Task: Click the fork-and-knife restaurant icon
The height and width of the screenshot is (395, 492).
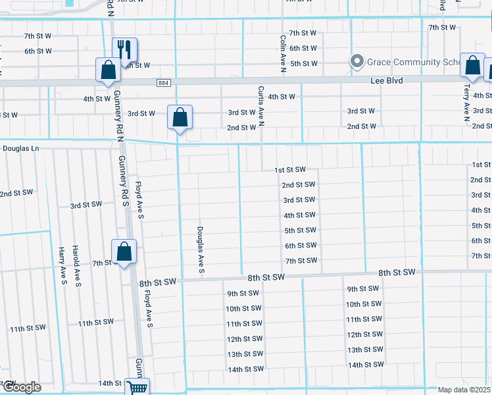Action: click(124, 49)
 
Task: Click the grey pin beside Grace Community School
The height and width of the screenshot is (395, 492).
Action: click(357, 62)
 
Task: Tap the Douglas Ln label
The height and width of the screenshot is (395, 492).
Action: click(21, 149)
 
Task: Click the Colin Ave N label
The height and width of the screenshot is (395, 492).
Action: click(282, 51)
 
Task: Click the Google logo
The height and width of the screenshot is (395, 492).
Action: click(21, 386)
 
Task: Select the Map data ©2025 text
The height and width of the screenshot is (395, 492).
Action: click(464, 390)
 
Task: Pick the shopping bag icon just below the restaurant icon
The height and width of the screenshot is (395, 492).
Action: click(108, 70)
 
